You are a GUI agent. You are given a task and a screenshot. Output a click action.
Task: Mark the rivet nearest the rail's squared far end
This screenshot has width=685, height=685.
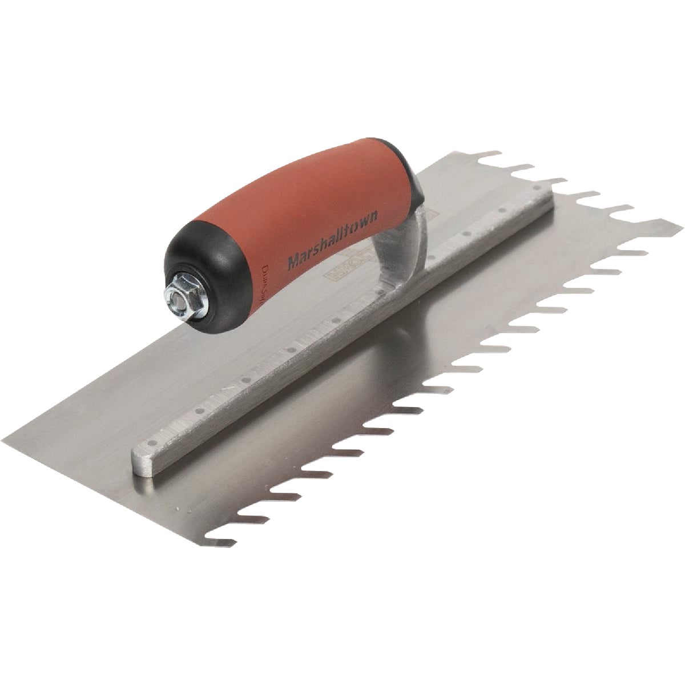pos(537,187)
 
